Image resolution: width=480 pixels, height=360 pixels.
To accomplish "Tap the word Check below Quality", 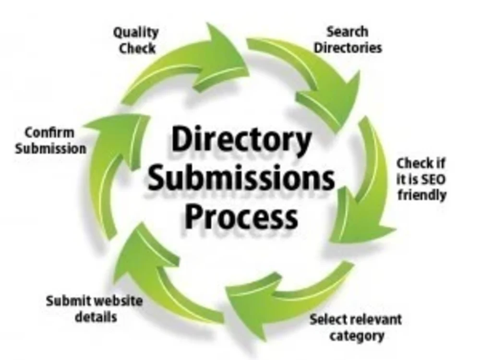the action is point(137,48).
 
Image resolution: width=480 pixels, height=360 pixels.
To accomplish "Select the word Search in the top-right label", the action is point(348,32).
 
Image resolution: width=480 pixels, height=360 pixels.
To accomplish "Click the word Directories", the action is point(348,48).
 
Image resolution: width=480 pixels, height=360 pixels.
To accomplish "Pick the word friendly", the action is point(422,195).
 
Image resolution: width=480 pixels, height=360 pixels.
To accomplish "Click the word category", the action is point(357,336).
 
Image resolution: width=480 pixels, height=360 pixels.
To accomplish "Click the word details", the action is point(96,317).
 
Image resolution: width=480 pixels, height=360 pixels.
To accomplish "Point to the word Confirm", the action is point(49,133).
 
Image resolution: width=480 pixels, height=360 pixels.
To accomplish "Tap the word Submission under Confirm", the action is point(51,149).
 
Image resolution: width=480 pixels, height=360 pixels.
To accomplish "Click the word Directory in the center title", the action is point(241,139).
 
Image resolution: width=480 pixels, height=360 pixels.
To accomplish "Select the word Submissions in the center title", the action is point(241,178).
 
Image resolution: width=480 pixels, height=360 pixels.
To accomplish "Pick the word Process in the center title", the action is point(241,217).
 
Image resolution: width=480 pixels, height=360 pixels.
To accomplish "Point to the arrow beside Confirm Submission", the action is point(113,171).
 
